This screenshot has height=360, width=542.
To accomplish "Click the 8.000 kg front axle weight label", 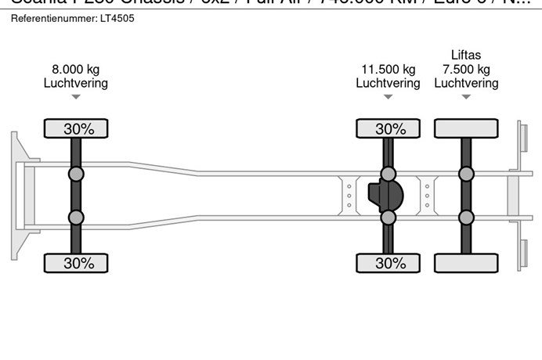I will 75,69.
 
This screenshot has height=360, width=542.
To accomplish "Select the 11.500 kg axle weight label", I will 388,69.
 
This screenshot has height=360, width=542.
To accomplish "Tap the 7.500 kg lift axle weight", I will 466,69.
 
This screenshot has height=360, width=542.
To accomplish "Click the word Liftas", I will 466,55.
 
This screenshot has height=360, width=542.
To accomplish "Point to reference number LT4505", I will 117,17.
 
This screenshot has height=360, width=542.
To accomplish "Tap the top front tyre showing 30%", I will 75,129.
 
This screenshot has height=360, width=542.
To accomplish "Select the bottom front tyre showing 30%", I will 75,264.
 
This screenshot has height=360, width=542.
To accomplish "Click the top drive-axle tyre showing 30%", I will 388,129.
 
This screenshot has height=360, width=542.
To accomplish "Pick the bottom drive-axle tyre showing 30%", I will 388,264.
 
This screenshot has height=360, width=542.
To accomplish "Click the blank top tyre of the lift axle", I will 467,129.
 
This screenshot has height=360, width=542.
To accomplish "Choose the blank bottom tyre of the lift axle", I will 467,264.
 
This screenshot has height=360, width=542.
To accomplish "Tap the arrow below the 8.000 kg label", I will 75,97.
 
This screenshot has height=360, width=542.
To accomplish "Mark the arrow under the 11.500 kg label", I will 388,97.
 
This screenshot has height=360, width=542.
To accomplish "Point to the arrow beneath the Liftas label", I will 466,97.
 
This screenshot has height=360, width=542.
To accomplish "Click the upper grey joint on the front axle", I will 76,174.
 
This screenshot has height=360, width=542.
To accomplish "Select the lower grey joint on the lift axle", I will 467,218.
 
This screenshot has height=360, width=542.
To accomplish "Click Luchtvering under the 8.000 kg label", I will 75,83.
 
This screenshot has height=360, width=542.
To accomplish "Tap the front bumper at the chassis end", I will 15,196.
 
